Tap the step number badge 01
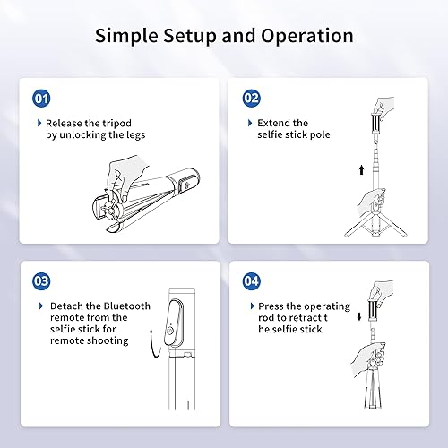pos(40,97)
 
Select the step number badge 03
pos(40,279)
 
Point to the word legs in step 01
pos(134,135)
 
